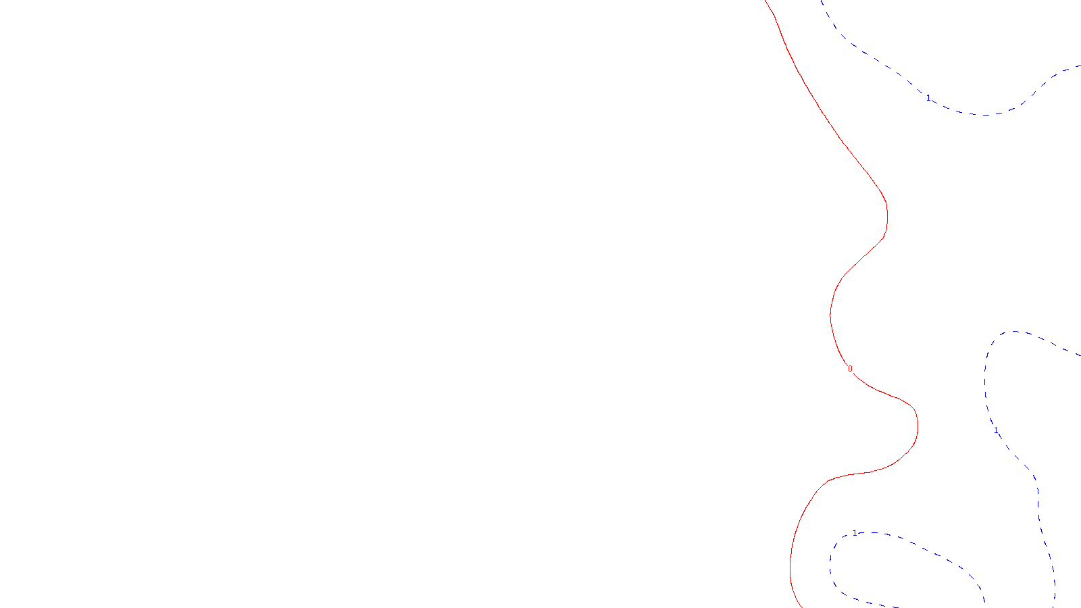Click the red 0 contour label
(x=850, y=369)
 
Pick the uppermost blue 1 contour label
(x=928, y=98)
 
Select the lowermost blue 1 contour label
(x=855, y=533)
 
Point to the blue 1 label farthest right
(x=996, y=430)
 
